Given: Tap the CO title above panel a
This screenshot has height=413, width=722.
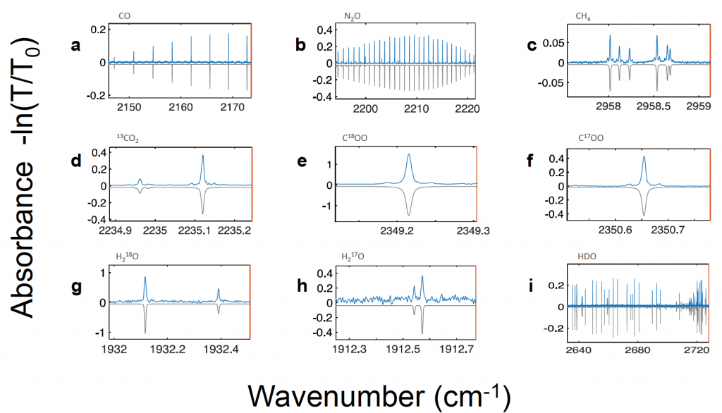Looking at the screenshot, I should click(124, 14).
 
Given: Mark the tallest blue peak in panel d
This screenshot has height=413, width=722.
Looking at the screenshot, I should click(203, 157).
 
